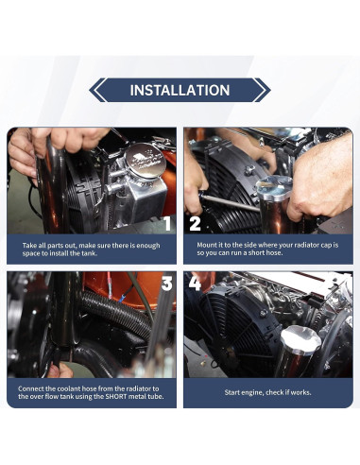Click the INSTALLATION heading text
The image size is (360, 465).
pyautogui.click(x=180, y=90)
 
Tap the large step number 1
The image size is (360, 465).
pyautogui.click(x=167, y=224)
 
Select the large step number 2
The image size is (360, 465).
pyautogui.click(x=195, y=224)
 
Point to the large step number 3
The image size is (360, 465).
pyautogui.click(x=167, y=284)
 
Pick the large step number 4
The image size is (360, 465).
pyautogui.click(x=195, y=284)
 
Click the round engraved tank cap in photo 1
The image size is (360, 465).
pyautogui.click(x=145, y=161)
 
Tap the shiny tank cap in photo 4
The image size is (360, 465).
pyautogui.click(x=300, y=340)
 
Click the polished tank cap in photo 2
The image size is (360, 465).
pyautogui.click(x=274, y=187)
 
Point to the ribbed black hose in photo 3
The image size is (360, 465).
pyautogui.click(x=116, y=313)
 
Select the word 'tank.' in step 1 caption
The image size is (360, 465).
pyautogui.click(x=89, y=253)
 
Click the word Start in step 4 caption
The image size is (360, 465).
pyautogui.click(x=231, y=392)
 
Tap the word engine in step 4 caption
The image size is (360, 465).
pyautogui.click(x=251, y=392)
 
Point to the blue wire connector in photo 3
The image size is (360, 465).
pyautogui.click(x=122, y=297)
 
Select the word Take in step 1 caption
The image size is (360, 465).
pyautogui.click(x=28, y=246)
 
